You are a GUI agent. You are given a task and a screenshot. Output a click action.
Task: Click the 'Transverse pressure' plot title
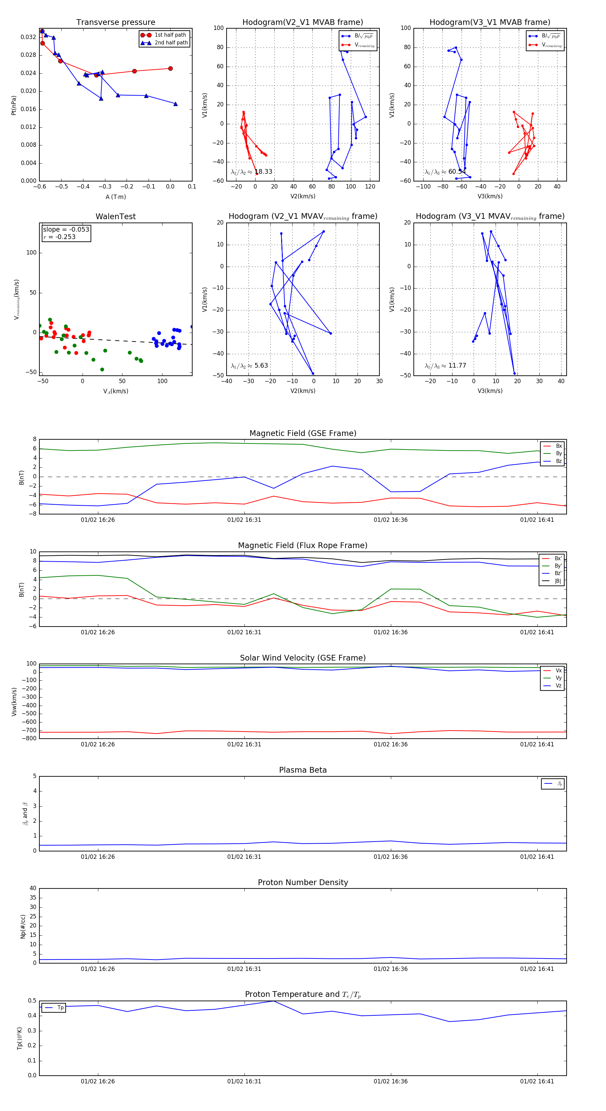point(115,23)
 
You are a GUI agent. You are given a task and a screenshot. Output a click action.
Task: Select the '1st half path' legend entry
point(170,35)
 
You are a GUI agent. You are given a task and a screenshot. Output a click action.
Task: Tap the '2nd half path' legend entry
point(171,43)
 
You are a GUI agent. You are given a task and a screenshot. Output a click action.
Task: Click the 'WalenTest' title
point(115,216)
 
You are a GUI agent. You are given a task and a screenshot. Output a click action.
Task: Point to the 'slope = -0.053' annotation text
point(66,230)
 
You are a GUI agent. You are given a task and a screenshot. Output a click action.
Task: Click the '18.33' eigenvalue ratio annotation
point(263,172)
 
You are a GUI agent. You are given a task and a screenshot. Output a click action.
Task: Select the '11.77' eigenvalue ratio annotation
point(457,366)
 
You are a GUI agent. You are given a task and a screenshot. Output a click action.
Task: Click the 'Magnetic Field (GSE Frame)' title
point(303,433)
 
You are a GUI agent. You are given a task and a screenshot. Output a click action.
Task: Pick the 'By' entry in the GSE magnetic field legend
point(559,453)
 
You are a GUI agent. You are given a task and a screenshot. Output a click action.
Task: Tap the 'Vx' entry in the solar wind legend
point(559,671)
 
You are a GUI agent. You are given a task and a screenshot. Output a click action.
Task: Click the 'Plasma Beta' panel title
point(303,770)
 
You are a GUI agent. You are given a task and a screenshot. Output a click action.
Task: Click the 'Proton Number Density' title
point(303,882)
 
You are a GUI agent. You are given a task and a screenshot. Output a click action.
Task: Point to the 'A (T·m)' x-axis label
point(115,197)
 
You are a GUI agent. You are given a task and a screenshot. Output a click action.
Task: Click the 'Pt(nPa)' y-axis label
point(14,105)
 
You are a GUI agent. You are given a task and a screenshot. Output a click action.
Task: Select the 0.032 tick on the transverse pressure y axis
point(29,37)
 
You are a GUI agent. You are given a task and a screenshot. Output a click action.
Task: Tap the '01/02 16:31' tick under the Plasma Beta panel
point(244,857)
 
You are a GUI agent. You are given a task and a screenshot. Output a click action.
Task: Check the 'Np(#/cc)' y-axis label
point(23,927)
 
